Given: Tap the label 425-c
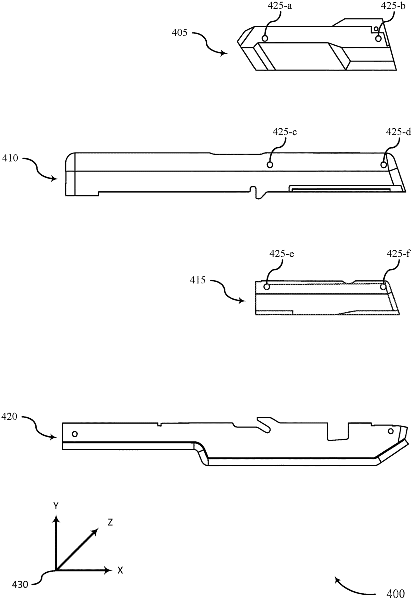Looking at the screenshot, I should [x=285, y=132].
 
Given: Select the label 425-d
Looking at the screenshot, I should [x=399, y=132].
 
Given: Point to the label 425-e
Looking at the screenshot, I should [x=281, y=254].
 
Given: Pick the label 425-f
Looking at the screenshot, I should [x=398, y=254].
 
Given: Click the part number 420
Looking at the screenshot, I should [x=9, y=416].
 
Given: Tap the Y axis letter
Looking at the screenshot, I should [x=57, y=507].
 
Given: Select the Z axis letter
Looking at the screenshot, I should [x=110, y=523].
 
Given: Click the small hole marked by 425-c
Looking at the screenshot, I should [x=270, y=165].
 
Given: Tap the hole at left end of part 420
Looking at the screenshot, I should [x=75, y=433].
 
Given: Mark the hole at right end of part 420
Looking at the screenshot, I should [x=391, y=431].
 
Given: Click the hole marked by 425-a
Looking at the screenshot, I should [x=265, y=38].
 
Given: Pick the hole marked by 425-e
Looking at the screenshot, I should [x=266, y=287].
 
